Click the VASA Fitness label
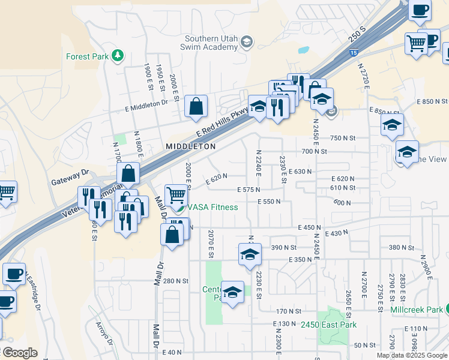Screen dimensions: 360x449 [212, 207]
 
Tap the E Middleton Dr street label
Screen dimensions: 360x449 [146, 104]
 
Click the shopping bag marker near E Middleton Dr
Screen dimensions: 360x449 [196, 107]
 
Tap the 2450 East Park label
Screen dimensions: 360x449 [329, 325]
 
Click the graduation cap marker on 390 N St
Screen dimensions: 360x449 [250, 254]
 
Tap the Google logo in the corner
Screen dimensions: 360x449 [19, 353]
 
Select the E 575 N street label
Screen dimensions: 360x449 [249, 190]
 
